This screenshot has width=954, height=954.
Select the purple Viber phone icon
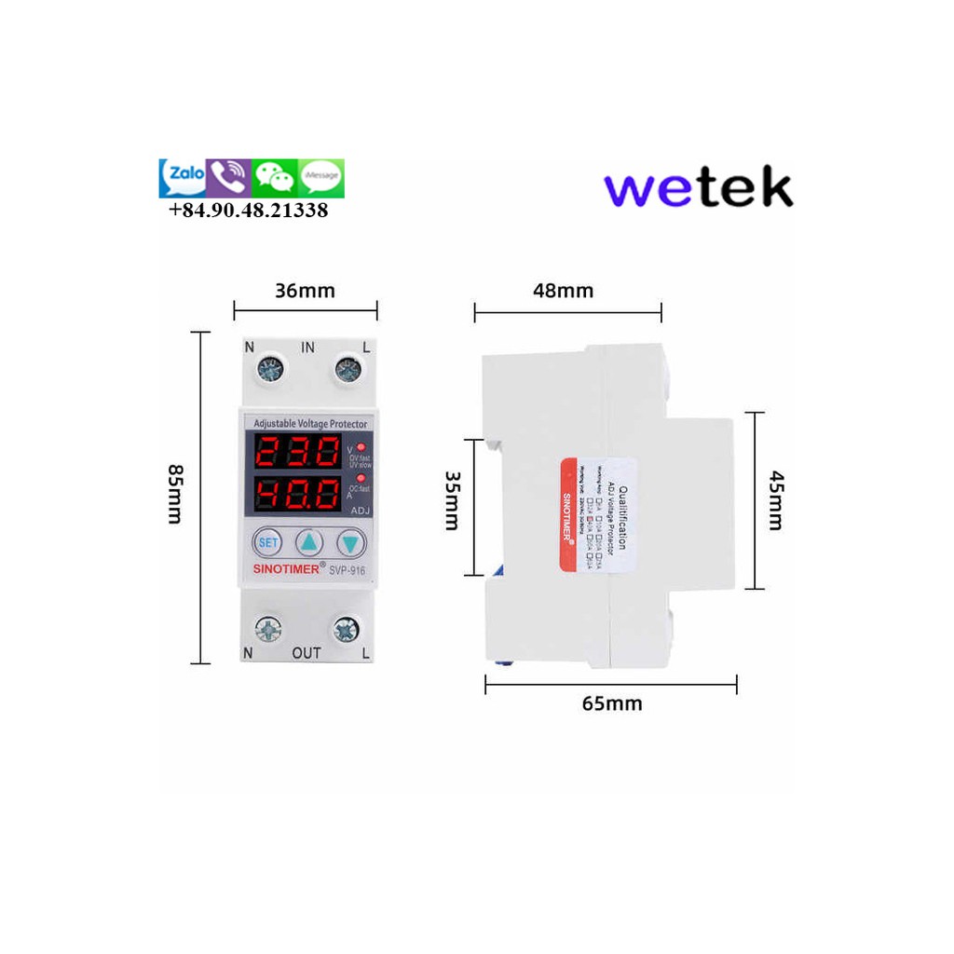(228, 177)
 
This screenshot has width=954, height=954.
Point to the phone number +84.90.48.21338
(249, 211)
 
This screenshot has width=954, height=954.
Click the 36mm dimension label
(305, 291)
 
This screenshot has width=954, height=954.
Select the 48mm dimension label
(563, 291)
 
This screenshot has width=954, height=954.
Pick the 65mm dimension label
(612, 703)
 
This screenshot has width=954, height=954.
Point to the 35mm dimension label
(451, 500)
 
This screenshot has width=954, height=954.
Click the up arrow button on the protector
(309, 542)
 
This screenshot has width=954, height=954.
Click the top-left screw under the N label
(271, 372)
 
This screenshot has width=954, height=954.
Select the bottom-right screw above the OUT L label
(347, 630)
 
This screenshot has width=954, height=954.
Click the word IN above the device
(308, 348)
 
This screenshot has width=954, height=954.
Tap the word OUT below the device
(307, 653)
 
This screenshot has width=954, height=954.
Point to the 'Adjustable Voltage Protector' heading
(310, 424)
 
